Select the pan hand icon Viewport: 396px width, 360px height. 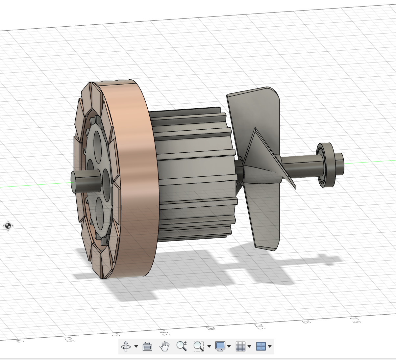(164, 346)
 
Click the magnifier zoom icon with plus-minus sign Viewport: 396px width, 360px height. (181, 346)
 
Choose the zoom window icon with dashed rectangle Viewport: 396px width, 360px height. (198, 346)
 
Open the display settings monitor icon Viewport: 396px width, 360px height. (220, 346)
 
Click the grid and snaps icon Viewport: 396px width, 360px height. (241, 346)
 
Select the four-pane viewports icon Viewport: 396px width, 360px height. (261, 346)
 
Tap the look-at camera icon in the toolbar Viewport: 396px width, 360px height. (147, 347)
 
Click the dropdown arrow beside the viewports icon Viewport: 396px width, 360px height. (270, 347)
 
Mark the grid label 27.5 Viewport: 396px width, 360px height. (354, 320)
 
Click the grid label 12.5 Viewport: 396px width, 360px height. (69, 339)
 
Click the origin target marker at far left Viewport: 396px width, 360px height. (8, 226)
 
